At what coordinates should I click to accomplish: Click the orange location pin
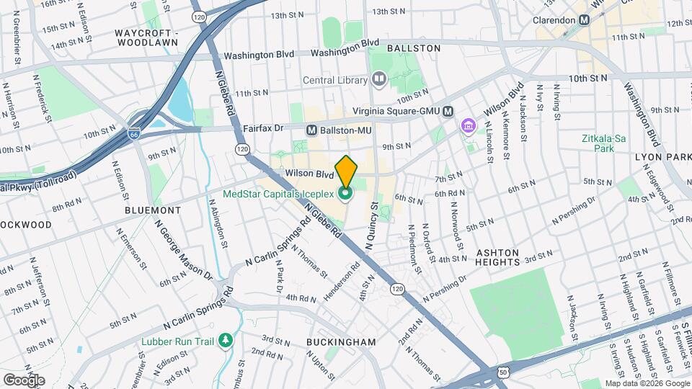346,171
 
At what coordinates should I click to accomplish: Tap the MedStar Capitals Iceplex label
278,193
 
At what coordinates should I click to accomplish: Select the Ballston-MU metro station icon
312,130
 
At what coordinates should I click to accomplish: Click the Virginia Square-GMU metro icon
448,111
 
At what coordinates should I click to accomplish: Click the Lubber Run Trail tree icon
226,339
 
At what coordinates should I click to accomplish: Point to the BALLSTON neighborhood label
413,48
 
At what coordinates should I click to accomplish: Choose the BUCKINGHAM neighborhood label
341,341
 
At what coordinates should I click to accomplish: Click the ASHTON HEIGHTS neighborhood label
497,257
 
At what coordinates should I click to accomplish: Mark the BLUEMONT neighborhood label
153,210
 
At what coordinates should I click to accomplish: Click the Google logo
24,380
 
